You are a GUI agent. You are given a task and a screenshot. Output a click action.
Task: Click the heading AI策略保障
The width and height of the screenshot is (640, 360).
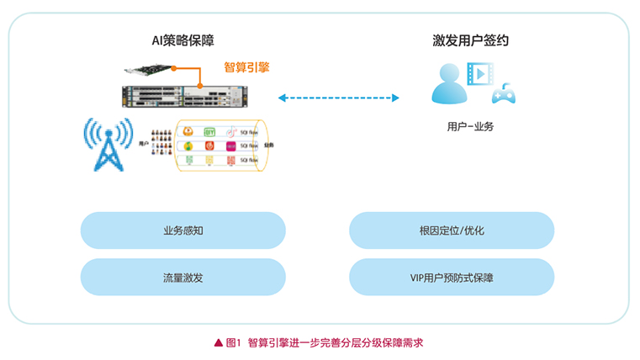pyautogui.click(x=182, y=40)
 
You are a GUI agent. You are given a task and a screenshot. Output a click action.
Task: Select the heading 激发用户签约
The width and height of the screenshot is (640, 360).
pyautogui.click(x=471, y=40)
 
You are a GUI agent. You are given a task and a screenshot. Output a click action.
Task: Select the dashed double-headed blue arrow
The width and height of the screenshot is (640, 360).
pyautogui.click(x=338, y=98)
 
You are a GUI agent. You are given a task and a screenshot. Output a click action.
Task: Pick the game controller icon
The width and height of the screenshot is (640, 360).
pyautogui.click(x=503, y=93)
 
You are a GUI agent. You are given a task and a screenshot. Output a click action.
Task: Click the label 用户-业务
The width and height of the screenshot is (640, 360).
pyautogui.click(x=470, y=126)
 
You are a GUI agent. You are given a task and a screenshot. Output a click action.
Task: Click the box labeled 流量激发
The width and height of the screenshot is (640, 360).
pyautogui.click(x=182, y=277)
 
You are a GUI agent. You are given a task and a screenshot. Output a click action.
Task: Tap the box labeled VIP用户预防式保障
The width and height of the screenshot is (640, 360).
pyautogui.click(x=452, y=277)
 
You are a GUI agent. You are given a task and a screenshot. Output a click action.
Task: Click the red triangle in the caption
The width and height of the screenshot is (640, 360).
pyautogui.click(x=219, y=342)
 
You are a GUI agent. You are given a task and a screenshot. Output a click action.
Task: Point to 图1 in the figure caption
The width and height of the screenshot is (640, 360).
pyautogui.click(x=234, y=342)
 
